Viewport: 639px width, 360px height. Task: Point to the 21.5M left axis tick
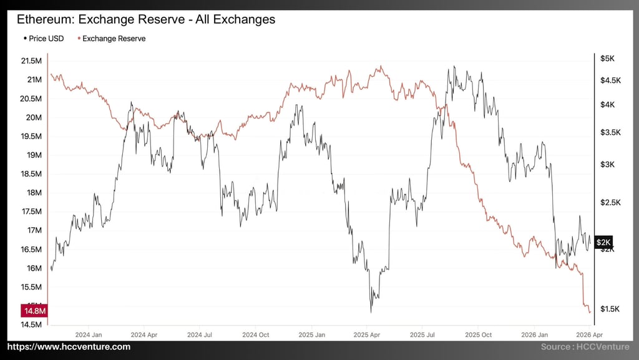click(x=31, y=61)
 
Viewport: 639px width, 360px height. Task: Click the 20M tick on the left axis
click(x=34, y=117)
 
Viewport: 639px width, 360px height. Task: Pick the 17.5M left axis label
click(x=31, y=212)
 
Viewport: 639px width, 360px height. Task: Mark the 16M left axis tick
click(x=34, y=268)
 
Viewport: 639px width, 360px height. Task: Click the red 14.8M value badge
click(x=36, y=311)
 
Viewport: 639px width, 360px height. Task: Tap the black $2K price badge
click(x=603, y=242)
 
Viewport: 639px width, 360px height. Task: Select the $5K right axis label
click(x=607, y=59)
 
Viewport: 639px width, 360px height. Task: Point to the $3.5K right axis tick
click(x=610, y=132)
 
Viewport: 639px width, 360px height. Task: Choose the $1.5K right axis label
click(x=610, y=309)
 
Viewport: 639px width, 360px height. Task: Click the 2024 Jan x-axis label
click(x=88, y=334)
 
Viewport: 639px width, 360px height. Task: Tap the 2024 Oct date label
click(x=255, y=334)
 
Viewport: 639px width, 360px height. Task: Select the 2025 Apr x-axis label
click(x=367, y=334)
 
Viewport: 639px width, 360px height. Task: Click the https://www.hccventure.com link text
click(x=69, y=347)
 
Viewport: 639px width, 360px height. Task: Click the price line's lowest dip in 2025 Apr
click(x=371, y=311)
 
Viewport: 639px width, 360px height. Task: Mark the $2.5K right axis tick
click(x=610, y=203)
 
